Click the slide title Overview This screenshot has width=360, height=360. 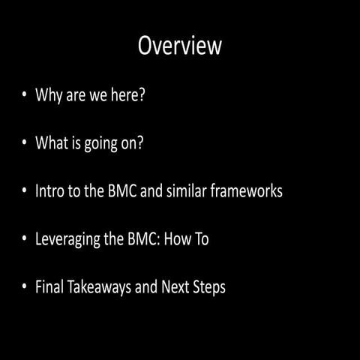[x=180, y=46]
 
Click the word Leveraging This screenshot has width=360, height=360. [x=69, y=239]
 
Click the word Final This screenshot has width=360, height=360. [x=50, y=286]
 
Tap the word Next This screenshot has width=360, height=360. [x=174, y=286]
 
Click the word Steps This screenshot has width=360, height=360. [x=209, y=287]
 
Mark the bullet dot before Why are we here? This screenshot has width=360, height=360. [x=25, y=96]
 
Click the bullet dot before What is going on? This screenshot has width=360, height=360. [x=25, y=143]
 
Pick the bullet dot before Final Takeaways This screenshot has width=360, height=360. [x=25, y=287]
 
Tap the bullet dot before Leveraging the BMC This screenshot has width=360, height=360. [x=25, y=239]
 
